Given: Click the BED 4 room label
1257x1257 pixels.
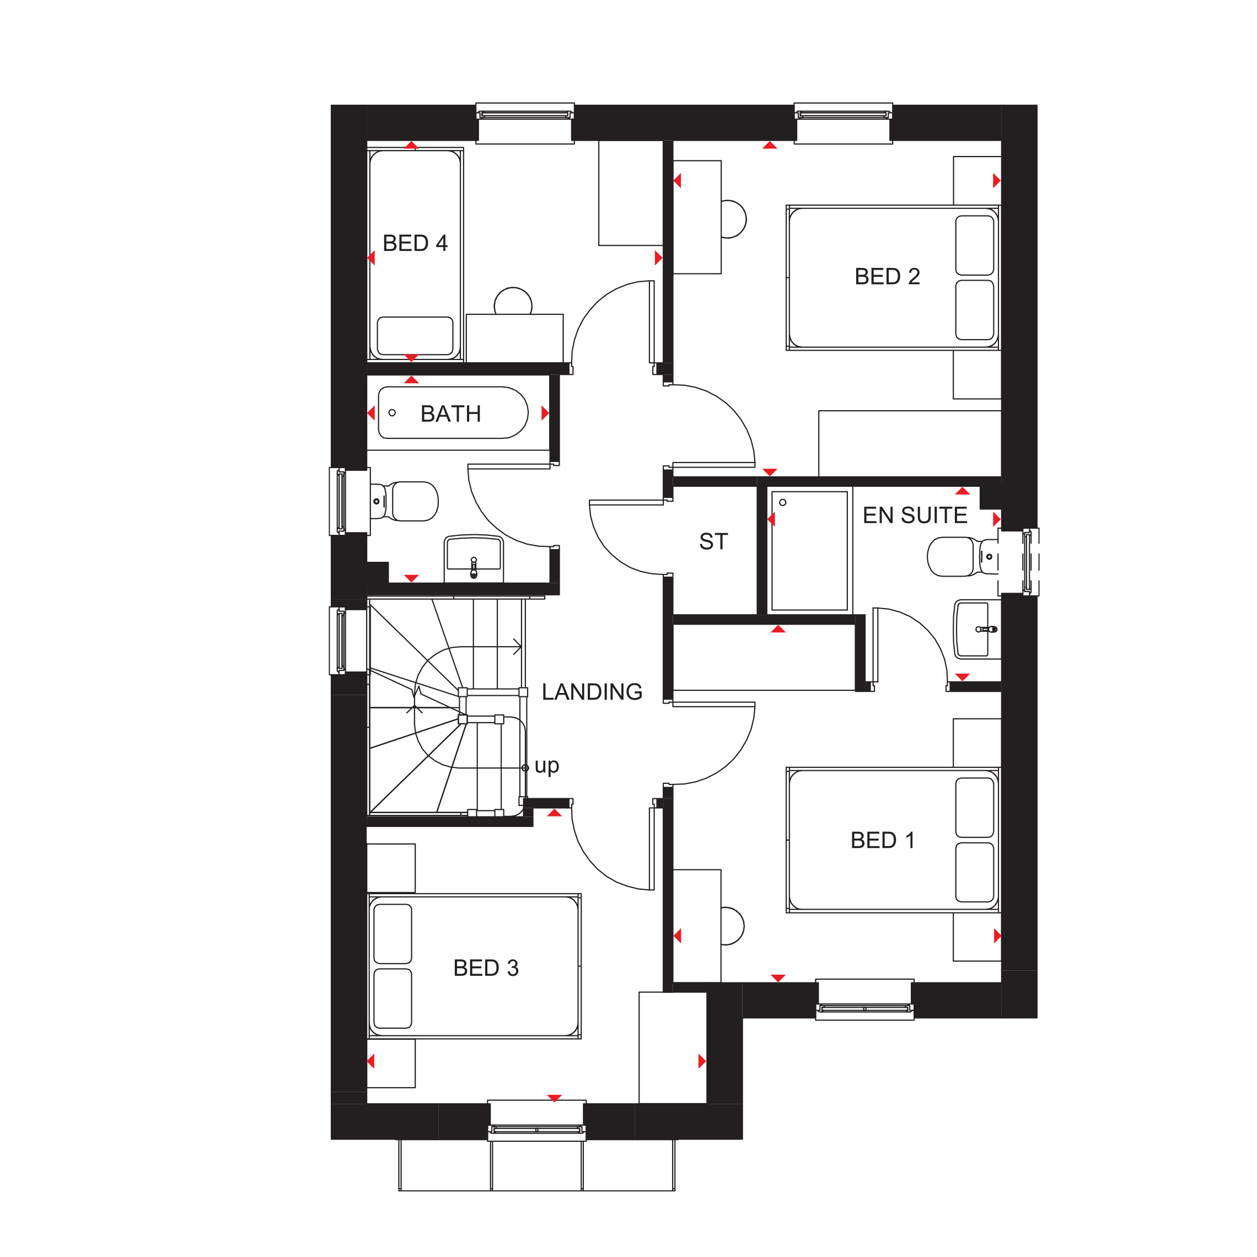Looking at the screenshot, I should [415, 243].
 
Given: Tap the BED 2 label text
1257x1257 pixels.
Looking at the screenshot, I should [887, 277].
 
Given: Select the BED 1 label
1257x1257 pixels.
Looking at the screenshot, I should [882, 840].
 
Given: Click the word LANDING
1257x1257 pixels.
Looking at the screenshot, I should [592, 691].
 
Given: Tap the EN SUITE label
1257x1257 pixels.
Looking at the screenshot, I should [914, 515].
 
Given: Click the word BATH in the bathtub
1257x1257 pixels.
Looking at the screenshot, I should [450, 414].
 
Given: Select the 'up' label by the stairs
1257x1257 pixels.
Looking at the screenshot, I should [546, 765].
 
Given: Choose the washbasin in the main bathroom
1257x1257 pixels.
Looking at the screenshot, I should [474, 557].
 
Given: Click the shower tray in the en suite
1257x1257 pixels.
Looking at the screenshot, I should [809, 550].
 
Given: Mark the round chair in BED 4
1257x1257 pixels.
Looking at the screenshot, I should [513, 302].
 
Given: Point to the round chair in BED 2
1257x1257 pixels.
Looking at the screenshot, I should [733, 219].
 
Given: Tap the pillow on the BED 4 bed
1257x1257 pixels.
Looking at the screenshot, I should [415, 335].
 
